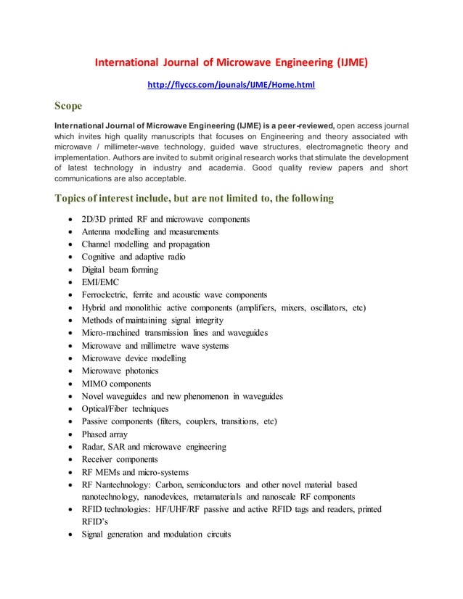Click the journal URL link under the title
coord(231,85)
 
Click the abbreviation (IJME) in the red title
coord(348,62)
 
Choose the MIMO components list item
coord(117,383)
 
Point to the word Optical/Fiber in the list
coord(109,408)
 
